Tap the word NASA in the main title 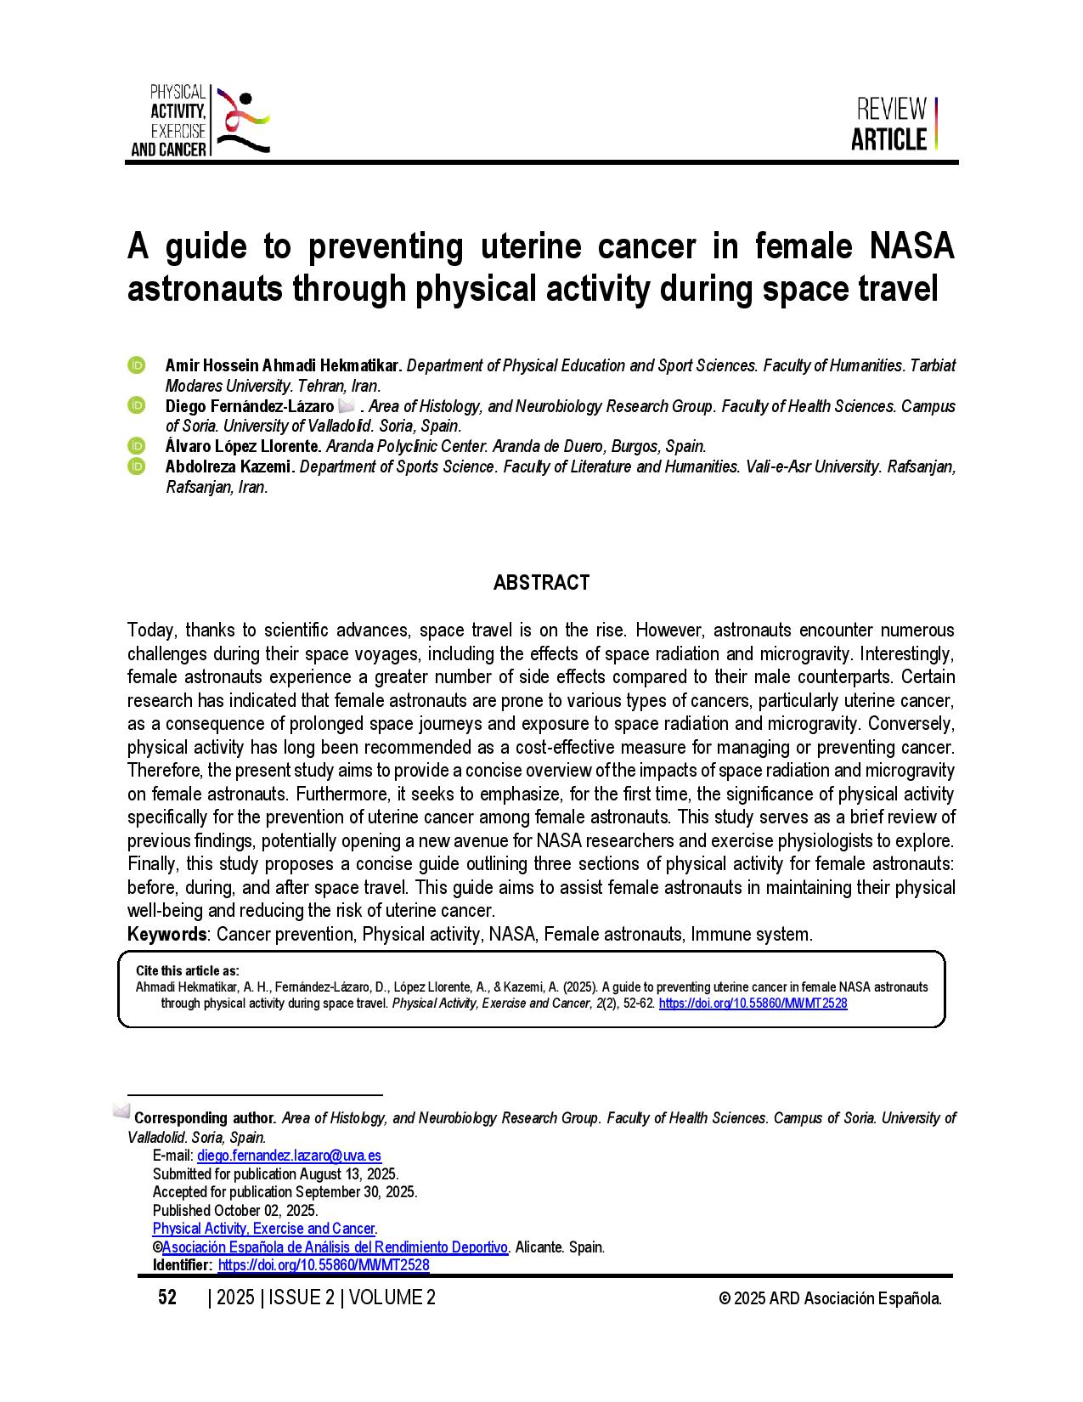click(911, 246)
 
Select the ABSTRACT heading click(541, 583)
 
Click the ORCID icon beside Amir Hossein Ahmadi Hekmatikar click(137, 365)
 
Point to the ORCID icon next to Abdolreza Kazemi click(137, 466)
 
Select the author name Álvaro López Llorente click(243, 446)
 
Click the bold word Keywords click(166, 935)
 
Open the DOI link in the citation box click(753, 1003)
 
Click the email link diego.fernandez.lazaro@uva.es click(289, 1156)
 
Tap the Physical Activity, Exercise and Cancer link click(263, 1229)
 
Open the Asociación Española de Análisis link click(335, 1247)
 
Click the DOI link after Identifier click(323, 1265)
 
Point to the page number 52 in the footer click(167, 1297)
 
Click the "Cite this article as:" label click(188, 970)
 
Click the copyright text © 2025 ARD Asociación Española click(829, 1298)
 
